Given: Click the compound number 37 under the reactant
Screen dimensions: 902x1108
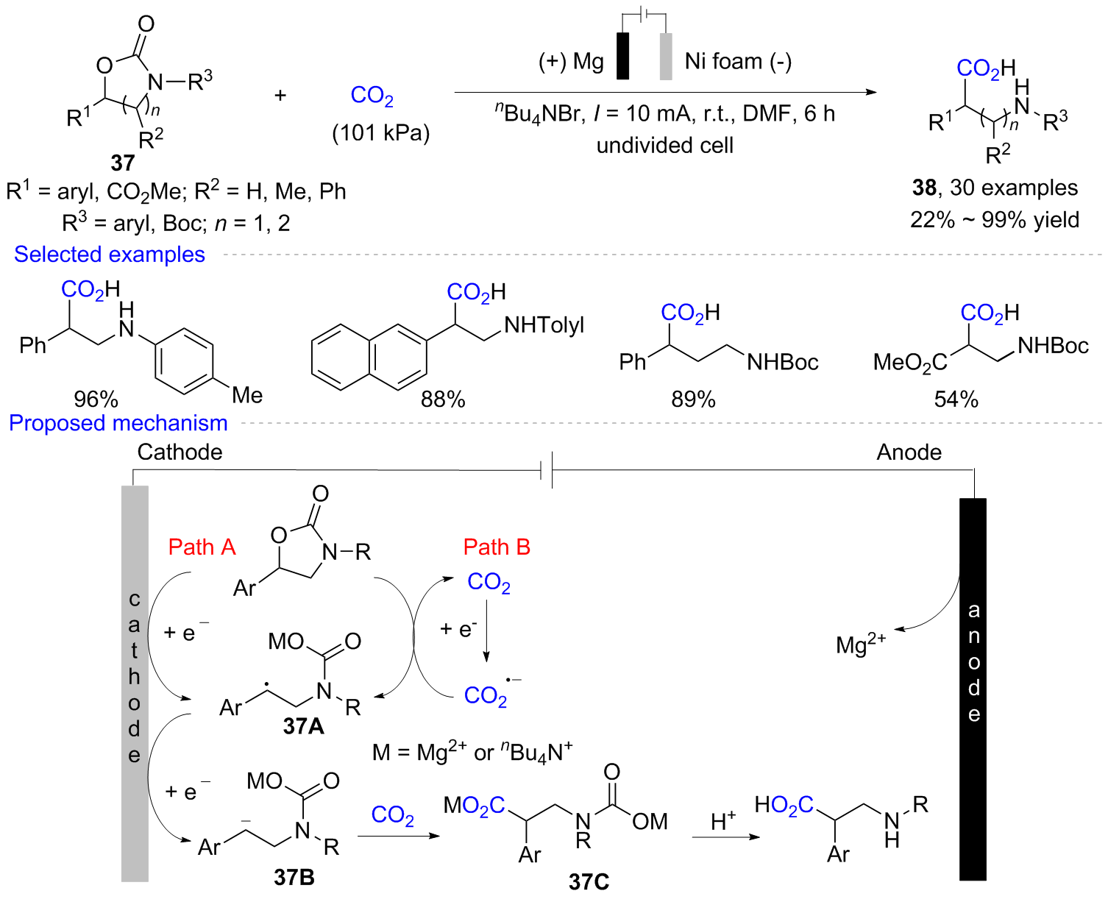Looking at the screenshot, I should pos(122,162).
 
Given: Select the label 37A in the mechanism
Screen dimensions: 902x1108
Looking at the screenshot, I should pos(303,726).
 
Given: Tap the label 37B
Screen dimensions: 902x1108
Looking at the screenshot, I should pos(294,876).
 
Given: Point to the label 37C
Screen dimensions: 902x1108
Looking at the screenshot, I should pos(589,881).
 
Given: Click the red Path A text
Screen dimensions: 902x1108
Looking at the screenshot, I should pos(202,547).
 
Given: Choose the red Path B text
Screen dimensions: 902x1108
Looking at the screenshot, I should pos(497,547).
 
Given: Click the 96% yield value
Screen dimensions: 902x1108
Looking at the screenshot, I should pos(96,399).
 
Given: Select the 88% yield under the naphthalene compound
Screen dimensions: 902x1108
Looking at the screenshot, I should pos(443,399).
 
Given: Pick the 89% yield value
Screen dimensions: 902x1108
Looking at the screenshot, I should pos(693,399).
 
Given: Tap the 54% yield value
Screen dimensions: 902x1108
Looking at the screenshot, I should pos(956,399).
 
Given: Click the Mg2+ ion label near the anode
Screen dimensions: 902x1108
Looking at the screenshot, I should pos(860,644).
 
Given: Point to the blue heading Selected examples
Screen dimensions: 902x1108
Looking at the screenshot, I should pos(110,254).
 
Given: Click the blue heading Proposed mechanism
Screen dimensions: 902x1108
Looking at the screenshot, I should pos(118,423).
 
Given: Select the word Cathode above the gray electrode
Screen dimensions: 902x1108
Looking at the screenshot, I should pos(180,452).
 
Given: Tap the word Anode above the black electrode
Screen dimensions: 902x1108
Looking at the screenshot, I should pos(909,452).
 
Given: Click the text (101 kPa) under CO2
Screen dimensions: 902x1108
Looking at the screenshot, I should pos(380,132).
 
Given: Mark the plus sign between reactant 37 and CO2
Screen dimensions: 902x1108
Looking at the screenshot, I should pos(280,95).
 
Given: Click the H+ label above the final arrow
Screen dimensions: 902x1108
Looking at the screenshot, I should pos(723,820).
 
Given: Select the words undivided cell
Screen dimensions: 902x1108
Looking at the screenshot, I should pos(664,145).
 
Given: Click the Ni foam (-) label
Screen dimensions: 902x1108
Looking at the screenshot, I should pos(738,61).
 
